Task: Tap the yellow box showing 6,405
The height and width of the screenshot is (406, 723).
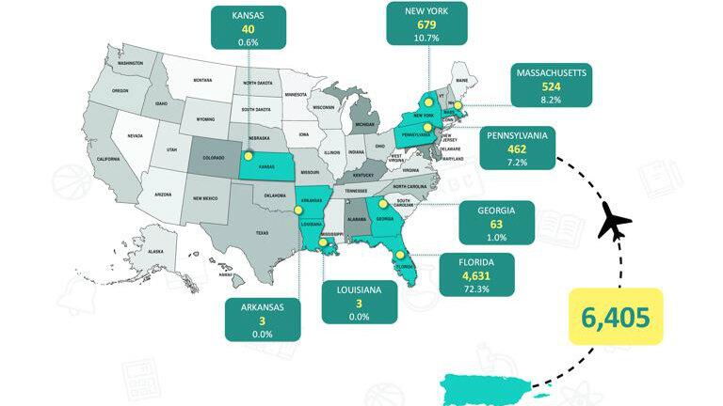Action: click(616, 317)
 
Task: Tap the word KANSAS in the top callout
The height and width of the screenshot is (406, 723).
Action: click(249, 15)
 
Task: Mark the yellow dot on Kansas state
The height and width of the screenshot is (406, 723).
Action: click(249, 157)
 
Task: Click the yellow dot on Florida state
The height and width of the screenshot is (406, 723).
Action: click(399, 251)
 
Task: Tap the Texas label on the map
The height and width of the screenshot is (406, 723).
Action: click(262, 233)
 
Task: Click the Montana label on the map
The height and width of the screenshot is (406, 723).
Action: click(203, 81)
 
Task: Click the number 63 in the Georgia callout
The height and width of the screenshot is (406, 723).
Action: click(493, 226)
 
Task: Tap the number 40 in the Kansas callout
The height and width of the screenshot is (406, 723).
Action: click(249, 29)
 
